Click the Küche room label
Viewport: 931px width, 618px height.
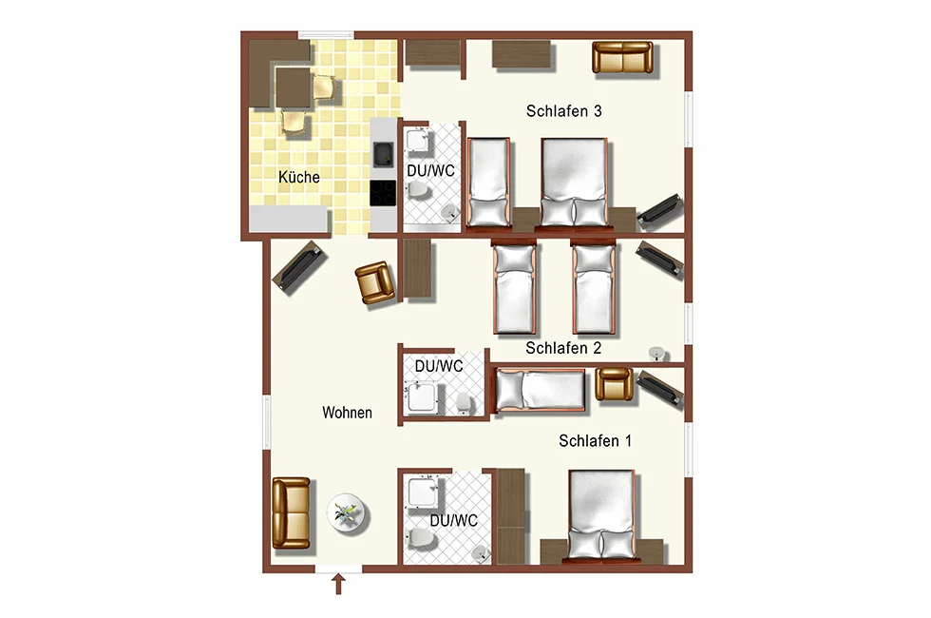pos(299,177)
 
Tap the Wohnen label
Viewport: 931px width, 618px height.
pos(348,413)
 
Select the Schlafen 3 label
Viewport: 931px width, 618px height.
pos(564,111)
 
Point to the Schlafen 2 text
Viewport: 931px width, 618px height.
pos(563,348)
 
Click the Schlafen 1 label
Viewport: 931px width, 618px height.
pos(595,440)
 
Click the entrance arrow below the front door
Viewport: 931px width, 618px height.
pos(338,584)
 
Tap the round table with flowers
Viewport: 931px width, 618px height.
pos(348,514)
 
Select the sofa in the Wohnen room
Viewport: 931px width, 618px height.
pos(291,512)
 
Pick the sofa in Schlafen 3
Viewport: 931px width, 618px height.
pos(622,58)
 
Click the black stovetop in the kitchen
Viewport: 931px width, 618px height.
pos(383,193)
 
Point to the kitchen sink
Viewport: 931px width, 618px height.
pos(383,154)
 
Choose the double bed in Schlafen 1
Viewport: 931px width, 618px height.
pos(601,515)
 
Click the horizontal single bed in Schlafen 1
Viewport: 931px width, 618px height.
pos(541,391)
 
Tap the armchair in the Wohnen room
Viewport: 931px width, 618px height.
pos(375,283)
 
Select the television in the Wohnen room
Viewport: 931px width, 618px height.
pos(300,267)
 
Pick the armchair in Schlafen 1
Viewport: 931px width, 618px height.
pos(614,384)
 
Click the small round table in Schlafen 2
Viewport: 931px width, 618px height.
pos(656,354)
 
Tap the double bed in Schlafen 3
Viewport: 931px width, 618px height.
pos(574,183)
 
